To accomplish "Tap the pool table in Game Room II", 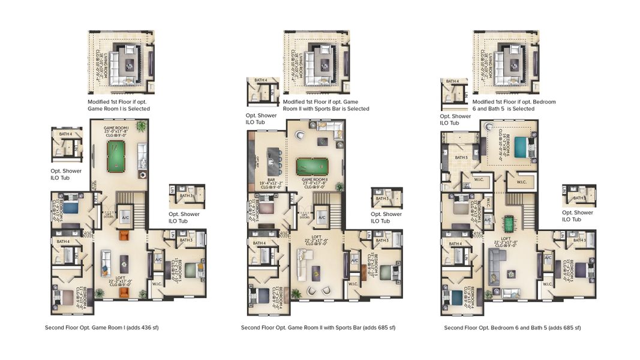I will tap(312, 166).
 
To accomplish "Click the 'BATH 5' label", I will tap(461, 158).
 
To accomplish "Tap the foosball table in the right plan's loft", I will tap(508, 223).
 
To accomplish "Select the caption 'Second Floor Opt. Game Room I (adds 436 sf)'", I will tap(101, 328).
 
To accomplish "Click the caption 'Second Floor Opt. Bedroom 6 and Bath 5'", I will tap(512, 328).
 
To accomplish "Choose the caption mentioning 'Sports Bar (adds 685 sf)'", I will tap(318, 328).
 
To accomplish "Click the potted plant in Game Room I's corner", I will tap(141, 126).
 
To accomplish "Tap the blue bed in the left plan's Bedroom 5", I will tap(71, 208).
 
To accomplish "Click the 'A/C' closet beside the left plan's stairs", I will tap(126, 217).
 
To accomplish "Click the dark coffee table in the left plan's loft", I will tap(124, 260).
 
